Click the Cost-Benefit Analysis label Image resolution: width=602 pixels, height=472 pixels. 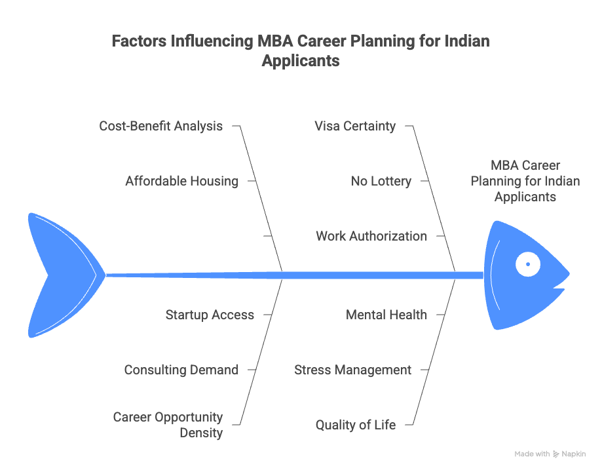160,126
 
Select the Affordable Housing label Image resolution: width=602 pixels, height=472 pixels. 181,181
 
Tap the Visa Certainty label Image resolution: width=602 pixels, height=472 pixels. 354,126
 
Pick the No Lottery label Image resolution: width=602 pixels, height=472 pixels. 381,181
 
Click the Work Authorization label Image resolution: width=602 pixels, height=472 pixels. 371,236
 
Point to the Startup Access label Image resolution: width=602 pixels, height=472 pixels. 209,315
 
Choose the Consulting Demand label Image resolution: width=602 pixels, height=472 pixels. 181,370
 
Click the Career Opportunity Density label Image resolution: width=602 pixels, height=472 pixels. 168,424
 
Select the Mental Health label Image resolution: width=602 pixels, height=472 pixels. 386,315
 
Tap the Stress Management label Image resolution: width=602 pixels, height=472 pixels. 352,370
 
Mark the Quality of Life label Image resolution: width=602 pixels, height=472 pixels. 355,425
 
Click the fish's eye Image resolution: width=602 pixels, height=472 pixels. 527,264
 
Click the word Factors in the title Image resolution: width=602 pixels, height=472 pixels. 139,41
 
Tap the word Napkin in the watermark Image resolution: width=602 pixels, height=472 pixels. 573,454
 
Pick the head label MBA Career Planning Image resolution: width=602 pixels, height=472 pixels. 525,181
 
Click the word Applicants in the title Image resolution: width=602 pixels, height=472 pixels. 301,61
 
